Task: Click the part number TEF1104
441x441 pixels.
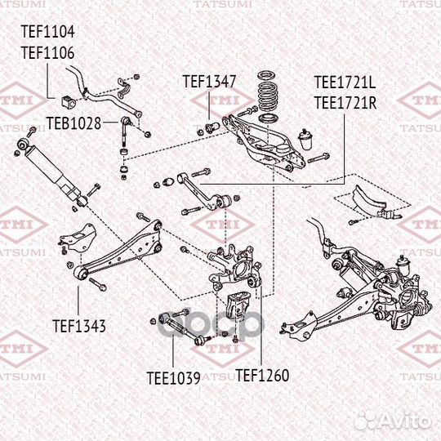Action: point(47,33)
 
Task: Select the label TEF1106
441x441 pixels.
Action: point(47,53)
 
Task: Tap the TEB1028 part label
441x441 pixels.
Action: point(73,123)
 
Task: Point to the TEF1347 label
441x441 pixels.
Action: point(209,81)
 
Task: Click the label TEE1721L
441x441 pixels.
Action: point(345,82)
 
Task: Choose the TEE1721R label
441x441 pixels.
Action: point(345,102)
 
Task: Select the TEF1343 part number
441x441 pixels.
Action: point(79,326)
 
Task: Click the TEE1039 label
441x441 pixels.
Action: point(173,377)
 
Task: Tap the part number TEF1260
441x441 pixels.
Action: point(262,376)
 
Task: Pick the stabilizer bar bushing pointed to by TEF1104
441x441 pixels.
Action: point(67,102)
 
